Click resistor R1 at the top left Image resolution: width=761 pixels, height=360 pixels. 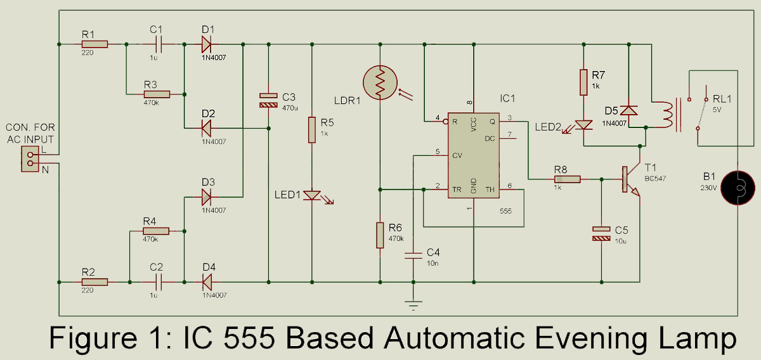(x=94, y=44)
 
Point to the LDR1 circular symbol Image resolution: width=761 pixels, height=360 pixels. (x=379, y=82)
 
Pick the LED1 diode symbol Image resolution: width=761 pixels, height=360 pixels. (x=312, y=195)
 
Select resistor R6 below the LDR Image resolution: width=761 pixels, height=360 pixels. (x=379, y=235)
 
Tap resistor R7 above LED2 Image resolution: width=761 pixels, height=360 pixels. (x=583, y=82)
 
